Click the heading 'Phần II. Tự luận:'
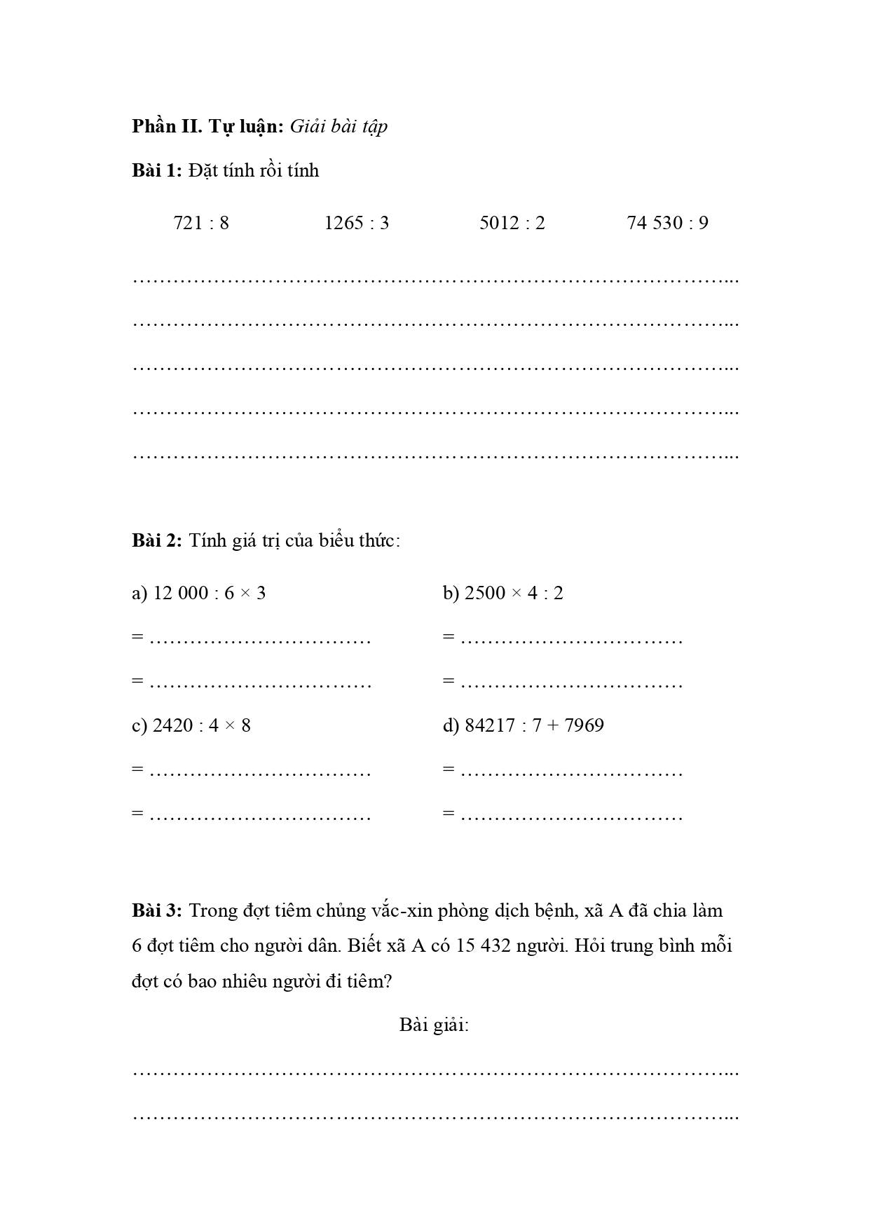click(x=207, y=127)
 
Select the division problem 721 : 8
click(x=201, y=223)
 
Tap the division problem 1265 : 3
click(x=356, y=223)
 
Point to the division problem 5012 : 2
click(x=512, y=223)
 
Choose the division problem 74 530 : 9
click(x=667, y=223)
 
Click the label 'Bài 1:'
click(x=157, y=171)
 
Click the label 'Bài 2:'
click(x=157, y=541)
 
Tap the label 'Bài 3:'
click(x=157, y=910)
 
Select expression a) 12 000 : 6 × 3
click(x=199, y=594)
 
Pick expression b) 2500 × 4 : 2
click(x=502, y=594)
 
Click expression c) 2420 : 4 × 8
click(x=191, y=725)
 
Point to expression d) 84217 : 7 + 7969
click(x=523, y=725)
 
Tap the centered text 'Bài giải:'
click(x=434, y=1025)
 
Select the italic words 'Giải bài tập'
click(x=338, y=127)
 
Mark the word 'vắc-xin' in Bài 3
click(x=400, y=910)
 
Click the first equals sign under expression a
click(x=137, y=637)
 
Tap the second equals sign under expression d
click(x=449, y=814)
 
